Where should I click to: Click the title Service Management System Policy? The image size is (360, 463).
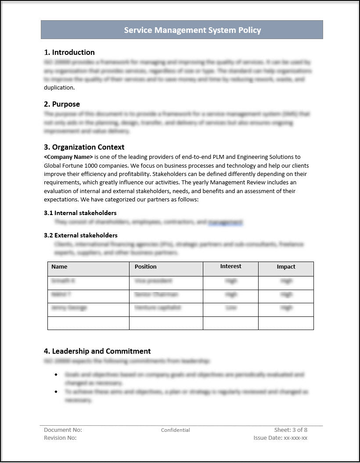point(192,30)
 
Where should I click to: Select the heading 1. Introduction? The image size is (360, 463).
point(69,52)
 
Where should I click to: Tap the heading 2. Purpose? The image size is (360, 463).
point(62,104)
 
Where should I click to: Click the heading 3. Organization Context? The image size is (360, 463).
point(84,147)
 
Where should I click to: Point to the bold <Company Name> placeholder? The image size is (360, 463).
point(68,157)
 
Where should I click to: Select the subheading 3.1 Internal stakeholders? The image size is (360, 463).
point(80,213)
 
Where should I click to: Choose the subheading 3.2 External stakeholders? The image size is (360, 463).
point(81,235)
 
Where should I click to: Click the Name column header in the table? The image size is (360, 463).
point(59,266)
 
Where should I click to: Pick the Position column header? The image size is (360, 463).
point(146,266)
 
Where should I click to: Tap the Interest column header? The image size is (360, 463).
point(230,266)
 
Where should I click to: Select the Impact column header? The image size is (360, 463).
point(286,266)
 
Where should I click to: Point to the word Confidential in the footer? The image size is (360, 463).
point(176,430)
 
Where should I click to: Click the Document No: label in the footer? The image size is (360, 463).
point(63,430)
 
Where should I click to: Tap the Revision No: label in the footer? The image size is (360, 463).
point(60,438)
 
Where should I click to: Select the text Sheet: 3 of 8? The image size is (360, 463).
point(291,430)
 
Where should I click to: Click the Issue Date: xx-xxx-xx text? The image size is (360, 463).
point(281,438)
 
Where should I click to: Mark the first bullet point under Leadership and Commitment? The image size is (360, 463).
point(56,375)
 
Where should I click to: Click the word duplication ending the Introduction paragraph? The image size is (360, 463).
point(59,87)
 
